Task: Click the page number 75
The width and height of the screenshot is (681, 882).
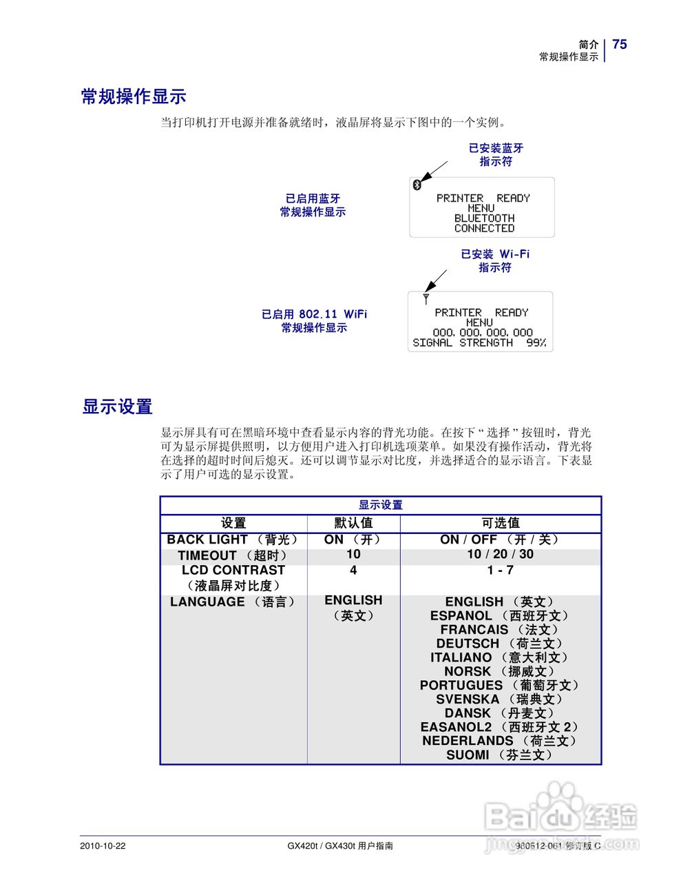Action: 619,44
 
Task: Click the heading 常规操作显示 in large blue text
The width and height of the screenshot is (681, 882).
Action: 134,96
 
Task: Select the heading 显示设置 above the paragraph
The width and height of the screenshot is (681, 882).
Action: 117,407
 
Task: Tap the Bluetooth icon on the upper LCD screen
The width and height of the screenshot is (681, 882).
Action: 416,185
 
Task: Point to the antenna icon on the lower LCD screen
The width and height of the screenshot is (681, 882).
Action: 426,299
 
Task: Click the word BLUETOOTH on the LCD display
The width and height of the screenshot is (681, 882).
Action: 484,218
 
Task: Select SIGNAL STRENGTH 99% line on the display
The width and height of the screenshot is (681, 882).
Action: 479,342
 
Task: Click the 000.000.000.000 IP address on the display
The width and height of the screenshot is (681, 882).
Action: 482,332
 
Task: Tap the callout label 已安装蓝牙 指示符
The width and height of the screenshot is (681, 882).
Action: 496,154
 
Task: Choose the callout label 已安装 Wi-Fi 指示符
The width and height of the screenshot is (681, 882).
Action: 495,260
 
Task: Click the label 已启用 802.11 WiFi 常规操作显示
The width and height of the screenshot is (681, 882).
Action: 314,320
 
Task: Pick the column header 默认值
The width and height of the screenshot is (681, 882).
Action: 353,523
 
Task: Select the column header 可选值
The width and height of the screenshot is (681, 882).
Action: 501,523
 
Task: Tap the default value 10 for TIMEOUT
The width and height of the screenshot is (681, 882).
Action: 353,554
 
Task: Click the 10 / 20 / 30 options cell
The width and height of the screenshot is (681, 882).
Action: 500,554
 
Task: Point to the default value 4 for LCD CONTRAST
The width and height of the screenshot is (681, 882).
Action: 353,570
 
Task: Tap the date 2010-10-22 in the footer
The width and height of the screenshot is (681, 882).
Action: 103,845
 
